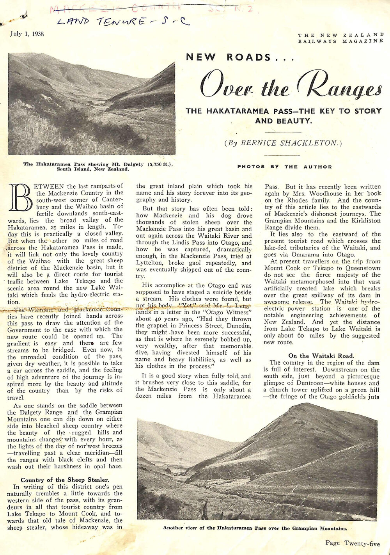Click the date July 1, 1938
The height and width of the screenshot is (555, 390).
coord(27,34)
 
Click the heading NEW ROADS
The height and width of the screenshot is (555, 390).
coord(229,57)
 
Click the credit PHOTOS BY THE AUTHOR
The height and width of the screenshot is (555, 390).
coord(285,167)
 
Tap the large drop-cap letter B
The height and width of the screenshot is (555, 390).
coord(21,197)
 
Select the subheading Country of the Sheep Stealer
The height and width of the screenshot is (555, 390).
coord(65,480)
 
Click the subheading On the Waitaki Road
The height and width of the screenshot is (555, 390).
coord(321,356)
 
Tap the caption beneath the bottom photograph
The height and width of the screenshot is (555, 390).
coord(255,528)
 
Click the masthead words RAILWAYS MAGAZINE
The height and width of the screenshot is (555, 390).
coord(340,41)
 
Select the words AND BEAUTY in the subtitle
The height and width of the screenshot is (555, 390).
coord(284,121)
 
